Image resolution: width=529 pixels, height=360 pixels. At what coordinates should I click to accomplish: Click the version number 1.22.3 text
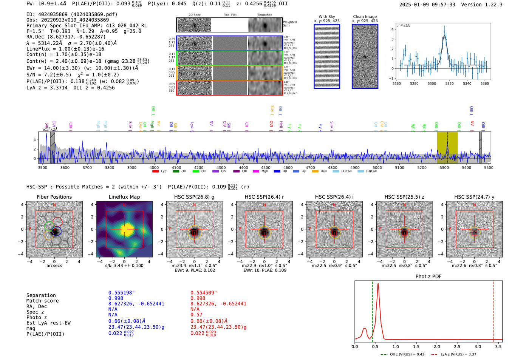coord(490,5)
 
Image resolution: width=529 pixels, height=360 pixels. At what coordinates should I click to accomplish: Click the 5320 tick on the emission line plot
coord(449,83)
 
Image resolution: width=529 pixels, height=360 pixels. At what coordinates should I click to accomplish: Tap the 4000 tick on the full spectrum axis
coord(154,167)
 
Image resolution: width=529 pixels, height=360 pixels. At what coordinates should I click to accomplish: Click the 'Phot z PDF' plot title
coord(428,276)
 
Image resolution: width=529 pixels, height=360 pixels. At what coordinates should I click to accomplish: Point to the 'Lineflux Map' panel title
coord(124,197)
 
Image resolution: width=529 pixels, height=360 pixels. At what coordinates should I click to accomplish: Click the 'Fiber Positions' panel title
coord(54,197)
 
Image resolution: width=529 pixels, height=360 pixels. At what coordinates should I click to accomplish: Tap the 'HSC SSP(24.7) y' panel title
coord(474,197)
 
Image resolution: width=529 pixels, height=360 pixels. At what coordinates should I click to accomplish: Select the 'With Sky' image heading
coord(326,17)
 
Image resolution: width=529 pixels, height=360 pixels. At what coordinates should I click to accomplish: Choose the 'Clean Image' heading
coord(365,17)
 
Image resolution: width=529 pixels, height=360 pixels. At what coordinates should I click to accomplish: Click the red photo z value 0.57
coord(196,315)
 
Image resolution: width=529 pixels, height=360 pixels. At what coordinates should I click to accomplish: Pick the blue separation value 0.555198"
coord(122,293)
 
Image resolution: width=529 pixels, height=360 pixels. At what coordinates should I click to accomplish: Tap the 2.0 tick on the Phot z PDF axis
coord(437,346)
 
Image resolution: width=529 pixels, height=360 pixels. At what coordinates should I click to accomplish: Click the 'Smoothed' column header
coord(264,15)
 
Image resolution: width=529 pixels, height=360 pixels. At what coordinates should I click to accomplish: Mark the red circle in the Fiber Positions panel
coord(57,222)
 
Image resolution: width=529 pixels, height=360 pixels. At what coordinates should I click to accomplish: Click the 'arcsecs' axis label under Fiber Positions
coord(54,266)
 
